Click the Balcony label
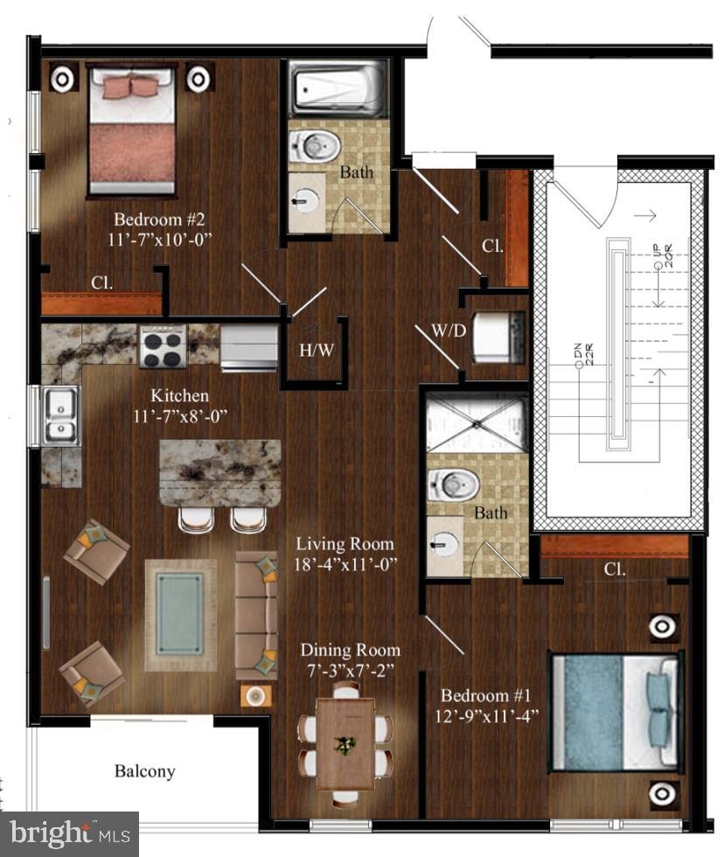(x=145, y=771)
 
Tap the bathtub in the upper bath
(x=338, y=89)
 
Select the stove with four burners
(x=164, y=346)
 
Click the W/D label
(x=447, y=331)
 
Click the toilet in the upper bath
(x=313, y=144)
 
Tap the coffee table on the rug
(x=180, y=615)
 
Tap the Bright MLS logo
(x=68, y=834)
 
